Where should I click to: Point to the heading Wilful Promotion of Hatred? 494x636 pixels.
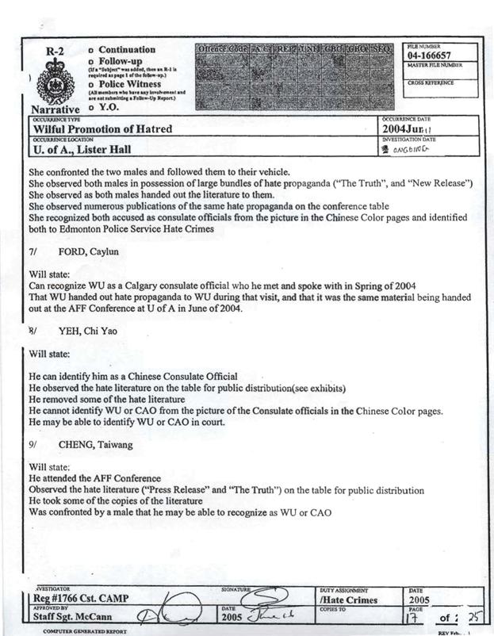click(x=102, y=128)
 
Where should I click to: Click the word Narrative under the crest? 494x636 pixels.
click(x=55, y=109)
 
